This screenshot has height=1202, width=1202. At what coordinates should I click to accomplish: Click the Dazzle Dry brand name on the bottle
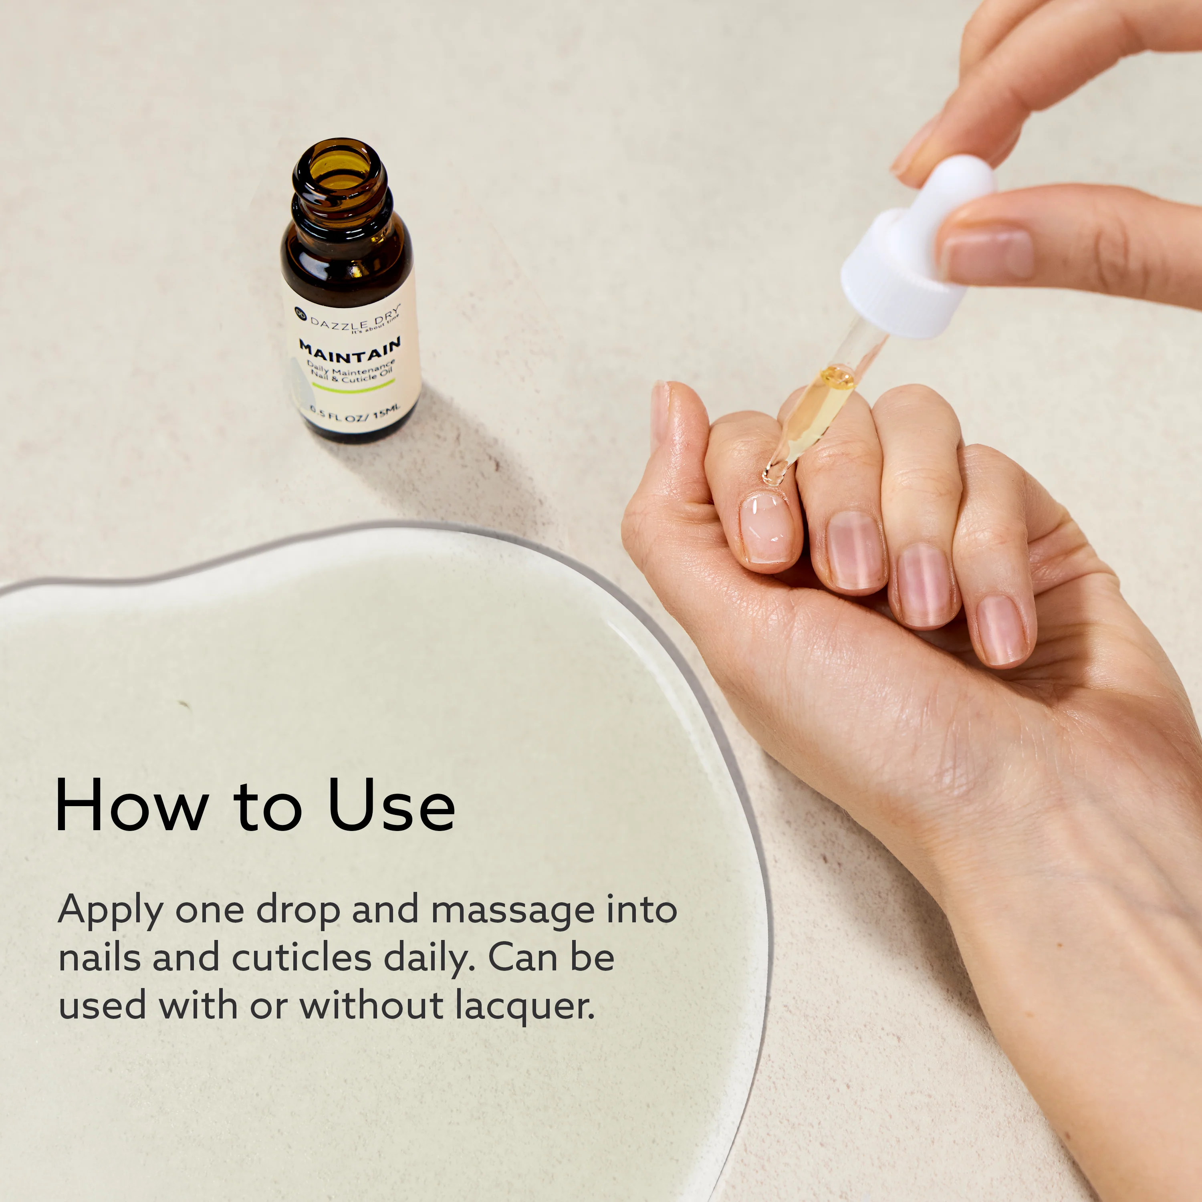(354, 318)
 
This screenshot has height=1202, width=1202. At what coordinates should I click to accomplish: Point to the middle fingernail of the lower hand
(854, 550)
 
